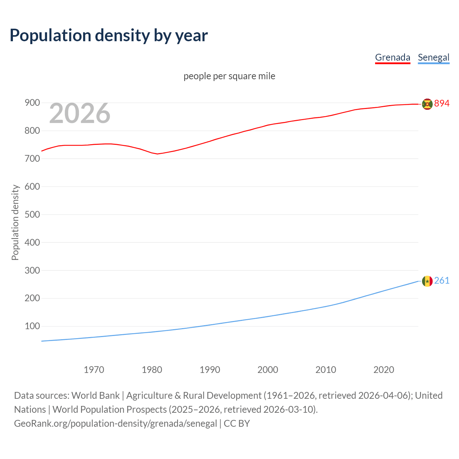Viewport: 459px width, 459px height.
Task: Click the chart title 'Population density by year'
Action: click(109, 36)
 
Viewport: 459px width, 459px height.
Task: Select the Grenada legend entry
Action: click(392, 57)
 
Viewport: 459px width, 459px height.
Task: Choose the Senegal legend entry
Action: click(433, 57)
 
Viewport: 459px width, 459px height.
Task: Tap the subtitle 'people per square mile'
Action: click(229, 76)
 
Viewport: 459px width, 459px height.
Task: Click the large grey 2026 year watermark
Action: click(80, 113)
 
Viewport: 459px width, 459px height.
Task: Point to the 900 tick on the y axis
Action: click(32, 103)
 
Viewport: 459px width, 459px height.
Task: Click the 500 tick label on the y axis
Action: click(32, 214)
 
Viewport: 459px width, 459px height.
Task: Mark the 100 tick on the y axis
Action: click(32, 326)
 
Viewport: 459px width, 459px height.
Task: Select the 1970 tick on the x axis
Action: click(94, 370)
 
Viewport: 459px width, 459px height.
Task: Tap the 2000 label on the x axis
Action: click(268, 370)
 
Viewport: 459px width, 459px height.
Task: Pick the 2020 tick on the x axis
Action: click(384, 370)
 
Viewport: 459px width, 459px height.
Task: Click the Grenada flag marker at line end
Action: click(427, 104)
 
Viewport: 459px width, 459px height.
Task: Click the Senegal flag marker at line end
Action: click(427, 281)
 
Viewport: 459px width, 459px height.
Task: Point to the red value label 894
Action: click(442, 104)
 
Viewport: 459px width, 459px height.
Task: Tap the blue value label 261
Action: click(442, 280)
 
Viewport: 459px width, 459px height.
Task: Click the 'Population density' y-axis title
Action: click(15, 222)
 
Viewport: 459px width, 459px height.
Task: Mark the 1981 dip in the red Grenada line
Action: click(157, 154)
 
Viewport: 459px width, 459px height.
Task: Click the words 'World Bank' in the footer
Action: click(95, 396)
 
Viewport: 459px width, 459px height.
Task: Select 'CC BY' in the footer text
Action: click(237, 423)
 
